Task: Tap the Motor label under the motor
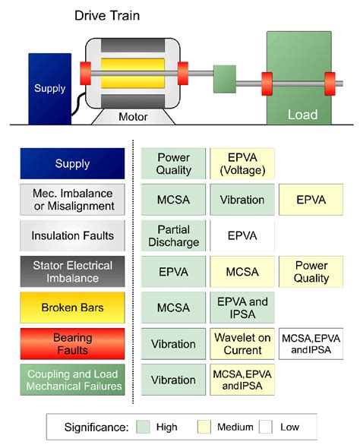134,117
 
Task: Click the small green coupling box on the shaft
226,77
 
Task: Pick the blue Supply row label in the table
73,164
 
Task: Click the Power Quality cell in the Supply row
173,164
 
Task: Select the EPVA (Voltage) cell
242,164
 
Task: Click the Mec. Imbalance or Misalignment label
73,200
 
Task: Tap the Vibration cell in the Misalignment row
242,200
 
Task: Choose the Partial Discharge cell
173,236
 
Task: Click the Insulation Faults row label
73,236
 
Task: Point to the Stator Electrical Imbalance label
73,272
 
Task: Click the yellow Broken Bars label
73,308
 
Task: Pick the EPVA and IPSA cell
242,308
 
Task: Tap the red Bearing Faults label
73,344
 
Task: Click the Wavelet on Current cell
242,344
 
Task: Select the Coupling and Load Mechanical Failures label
73,380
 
